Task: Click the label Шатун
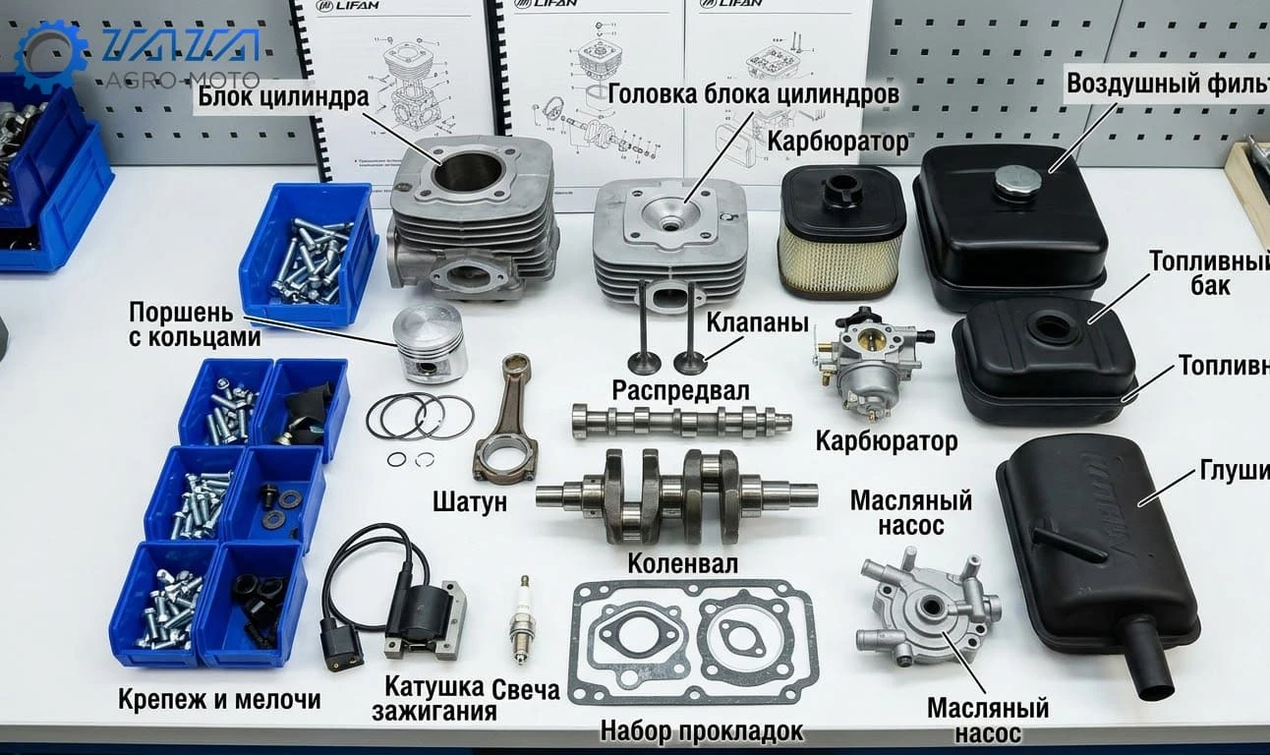pos(470,501)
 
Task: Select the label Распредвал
pos(680,390)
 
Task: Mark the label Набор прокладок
pos(701,730)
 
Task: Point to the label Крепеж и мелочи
pos(219,699)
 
